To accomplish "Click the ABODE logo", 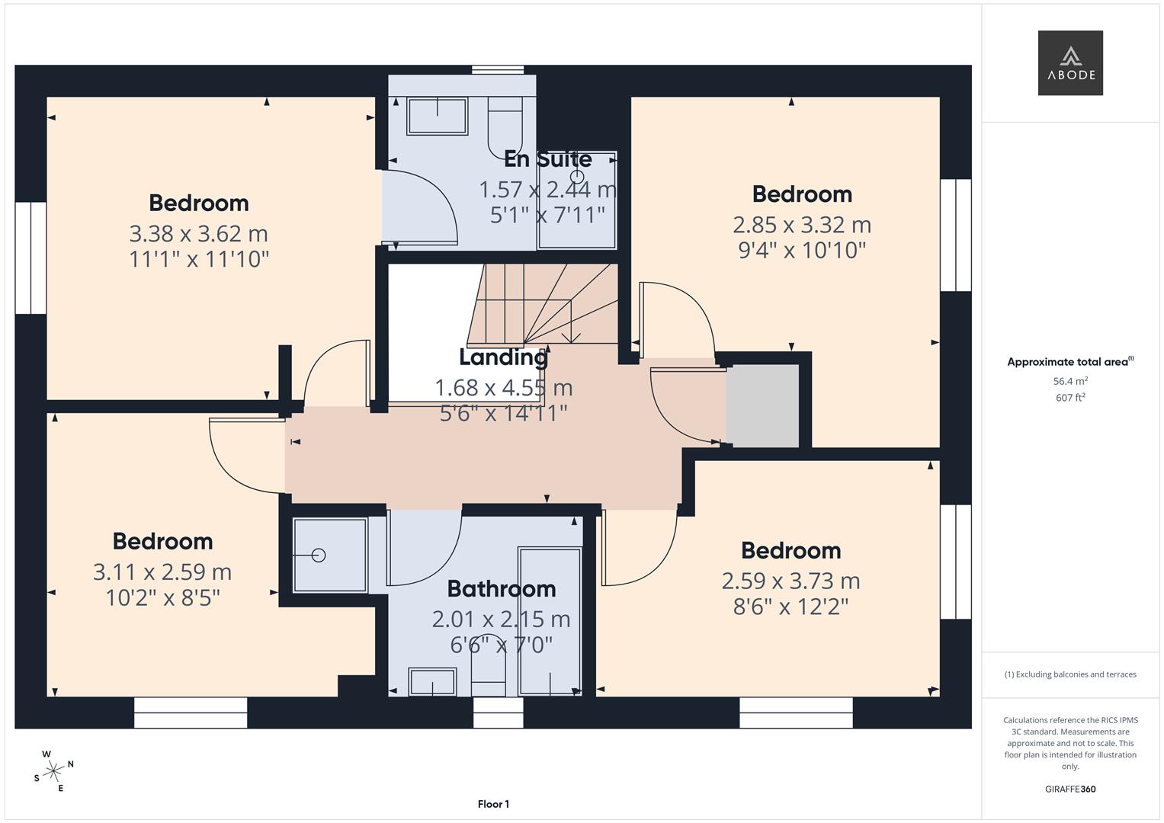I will coord(1069,62).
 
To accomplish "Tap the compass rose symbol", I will coord(53,771).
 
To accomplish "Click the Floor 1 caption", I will coord(493,804).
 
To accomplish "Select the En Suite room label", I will coord(547,159).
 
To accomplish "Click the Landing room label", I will coord(502,357).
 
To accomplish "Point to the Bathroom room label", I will coord(501,588).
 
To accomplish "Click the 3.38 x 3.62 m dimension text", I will coord(198,233).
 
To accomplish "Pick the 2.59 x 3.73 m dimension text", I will coord(790,581).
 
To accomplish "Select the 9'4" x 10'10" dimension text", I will coord(802,250).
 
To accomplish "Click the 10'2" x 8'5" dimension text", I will coord(162,597).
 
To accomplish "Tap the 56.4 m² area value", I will coord(1069,381).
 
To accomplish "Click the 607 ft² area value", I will coord(1069,398).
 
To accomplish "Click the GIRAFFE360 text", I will coord(1069,789).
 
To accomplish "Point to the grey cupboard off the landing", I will coord(762,406).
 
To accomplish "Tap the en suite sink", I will coord(437,116).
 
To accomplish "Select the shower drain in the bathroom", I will coord(319,556).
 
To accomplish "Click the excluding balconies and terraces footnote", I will coord(1069,674).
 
